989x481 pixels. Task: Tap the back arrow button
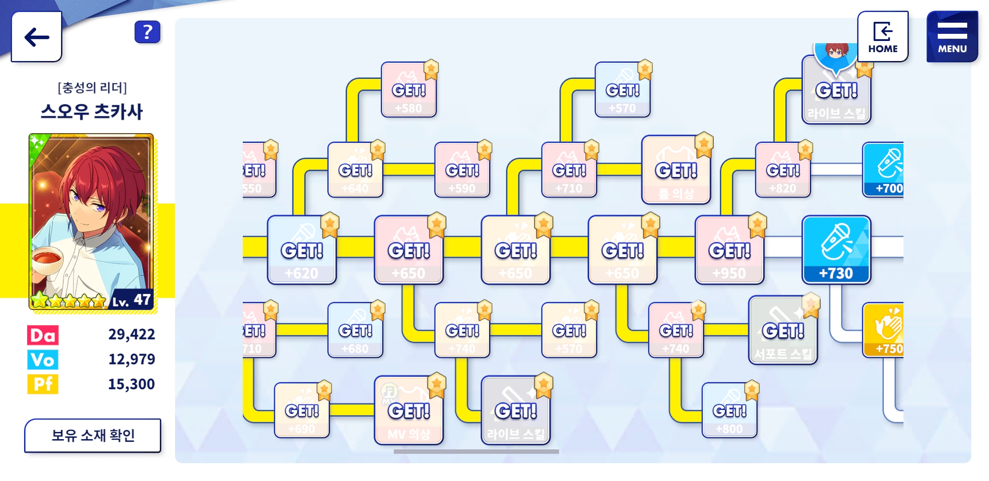tap(37, 37)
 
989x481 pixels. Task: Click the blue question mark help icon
tap(147, 32)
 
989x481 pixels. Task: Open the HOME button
tap(883, 37)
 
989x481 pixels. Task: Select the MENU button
tap(952, 37)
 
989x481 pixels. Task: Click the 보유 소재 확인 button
tap(93, 435)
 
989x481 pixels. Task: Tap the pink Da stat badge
tap(43, 335)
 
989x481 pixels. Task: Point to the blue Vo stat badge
tap(43, 360)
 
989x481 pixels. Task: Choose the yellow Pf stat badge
tap(43, 384)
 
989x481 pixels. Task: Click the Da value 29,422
tap(131, 334)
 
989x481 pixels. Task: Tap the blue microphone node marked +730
tap(836, 250)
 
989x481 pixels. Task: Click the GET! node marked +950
tap(729, 250)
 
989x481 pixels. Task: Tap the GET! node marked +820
tap(783, 170)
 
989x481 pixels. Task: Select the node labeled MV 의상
tap(409, 410)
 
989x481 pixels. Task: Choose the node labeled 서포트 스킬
tap(783, 330)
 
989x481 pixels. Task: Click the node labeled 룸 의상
tap(676, 170)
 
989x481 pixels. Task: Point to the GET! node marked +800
tap(729, 410)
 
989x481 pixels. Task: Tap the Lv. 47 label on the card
tap(131, 300)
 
